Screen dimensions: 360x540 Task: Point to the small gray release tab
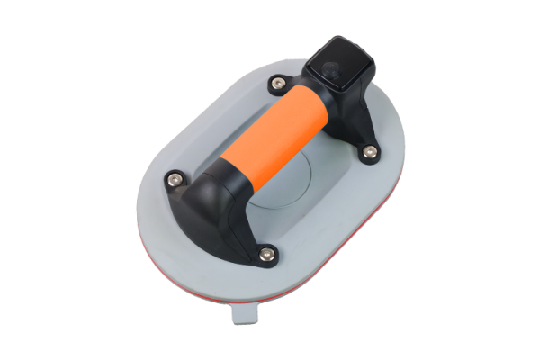(242, 314)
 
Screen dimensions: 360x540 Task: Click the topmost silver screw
(277, 84)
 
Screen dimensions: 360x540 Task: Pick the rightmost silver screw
(369, 154)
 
